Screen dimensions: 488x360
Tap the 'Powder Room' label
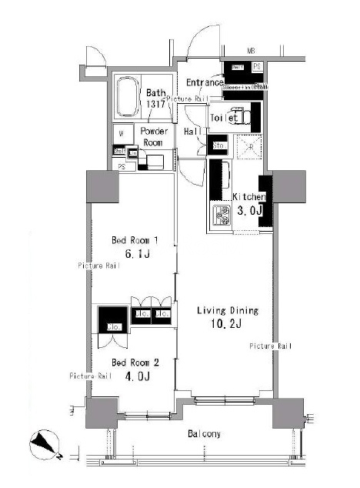(x=155, y=137)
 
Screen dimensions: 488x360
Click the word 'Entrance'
(x=205, y=82)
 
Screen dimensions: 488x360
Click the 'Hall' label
(x=192, y=132)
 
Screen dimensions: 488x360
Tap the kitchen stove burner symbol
(x=220, y=216)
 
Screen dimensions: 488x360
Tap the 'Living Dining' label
(x=227, y=311)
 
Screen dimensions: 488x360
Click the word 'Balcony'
(x=204, y=434)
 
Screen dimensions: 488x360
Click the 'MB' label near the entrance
(x=251, y=52)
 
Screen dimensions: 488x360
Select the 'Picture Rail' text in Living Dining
(x=271, y=346)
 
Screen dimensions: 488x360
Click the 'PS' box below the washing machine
(x=120, y=165)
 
